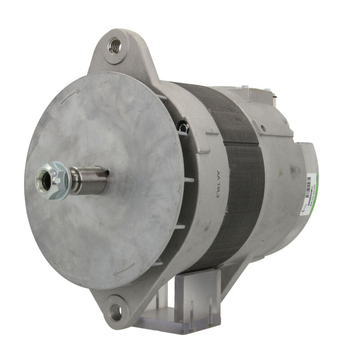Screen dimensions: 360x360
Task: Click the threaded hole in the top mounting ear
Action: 114,46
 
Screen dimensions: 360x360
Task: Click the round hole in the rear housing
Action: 263,127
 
